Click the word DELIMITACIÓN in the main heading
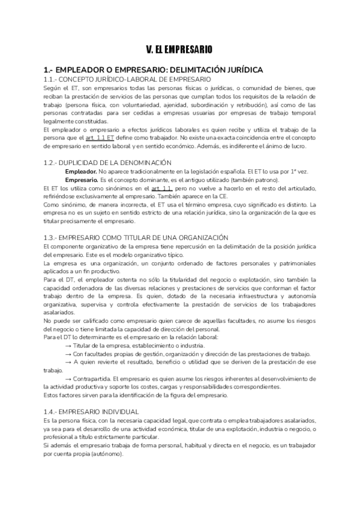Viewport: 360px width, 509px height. (215, 70)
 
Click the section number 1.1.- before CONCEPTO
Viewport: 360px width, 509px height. (53, 79)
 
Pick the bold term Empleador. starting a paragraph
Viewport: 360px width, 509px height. (80, 172)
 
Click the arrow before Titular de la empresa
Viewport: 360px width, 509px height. (68, 346)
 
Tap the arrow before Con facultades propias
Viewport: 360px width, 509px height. (68, 354)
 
